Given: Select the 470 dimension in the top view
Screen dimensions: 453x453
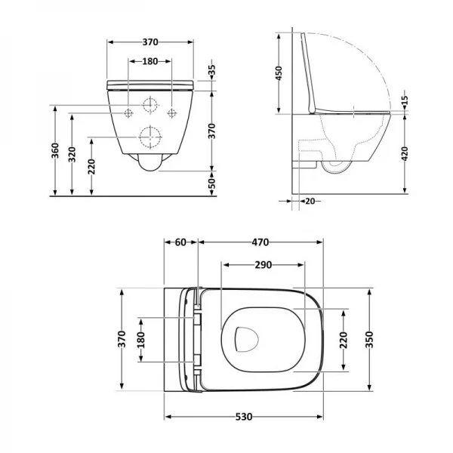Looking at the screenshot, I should point(260,242).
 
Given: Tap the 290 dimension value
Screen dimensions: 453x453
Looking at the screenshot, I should point(263,265).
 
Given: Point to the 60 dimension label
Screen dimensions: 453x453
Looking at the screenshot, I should point(180,242).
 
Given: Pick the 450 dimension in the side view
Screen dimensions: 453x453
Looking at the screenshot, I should point(279,73).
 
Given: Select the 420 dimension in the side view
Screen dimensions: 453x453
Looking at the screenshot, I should point(406,155).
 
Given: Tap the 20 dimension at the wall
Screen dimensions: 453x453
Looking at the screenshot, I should point(310,201).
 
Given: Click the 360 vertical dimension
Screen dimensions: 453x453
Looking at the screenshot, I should point(55,151).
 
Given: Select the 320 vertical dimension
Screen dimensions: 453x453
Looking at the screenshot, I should point(73,156).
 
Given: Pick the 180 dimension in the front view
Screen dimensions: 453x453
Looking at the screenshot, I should point(150,61).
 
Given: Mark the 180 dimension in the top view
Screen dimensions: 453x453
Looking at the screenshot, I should point(140,341).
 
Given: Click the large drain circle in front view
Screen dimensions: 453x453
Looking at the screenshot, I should point(150,137).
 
